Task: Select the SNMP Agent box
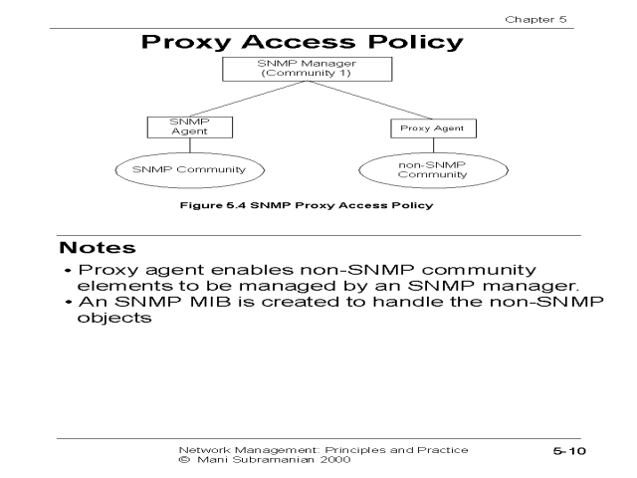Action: tap(177, 127)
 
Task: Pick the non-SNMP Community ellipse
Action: tap(418, 169)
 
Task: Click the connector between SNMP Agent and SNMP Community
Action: tap(178, 145)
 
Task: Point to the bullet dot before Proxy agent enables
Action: tap(68, 270)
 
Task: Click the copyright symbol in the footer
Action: tap(182, 461)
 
